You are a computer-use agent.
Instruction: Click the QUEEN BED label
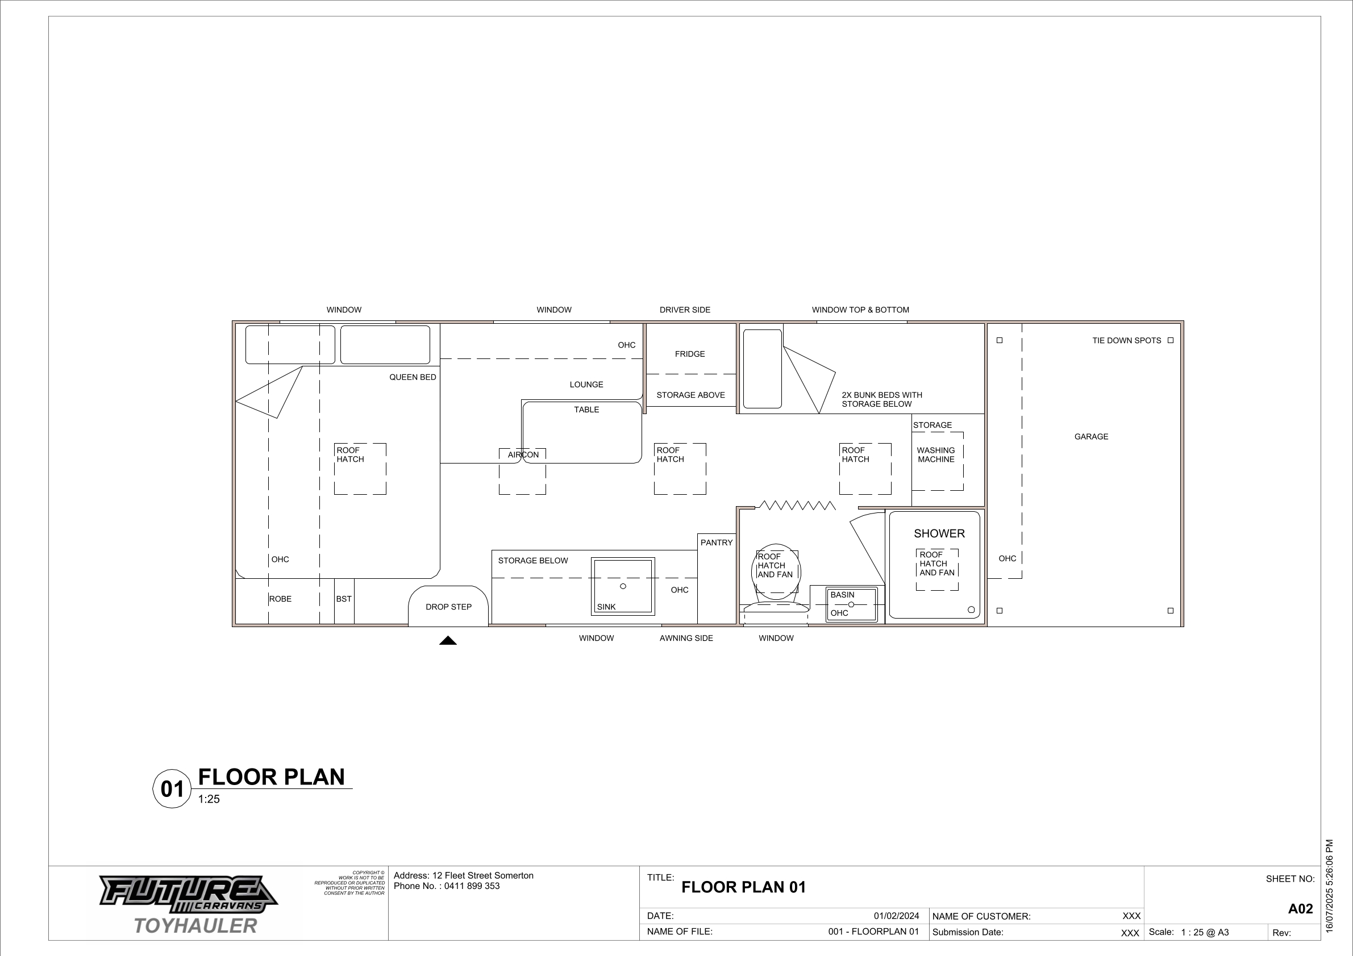[x=413, y=377]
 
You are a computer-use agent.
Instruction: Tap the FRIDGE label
[x=689, y=354]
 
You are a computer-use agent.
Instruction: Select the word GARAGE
[x=1091, y=436]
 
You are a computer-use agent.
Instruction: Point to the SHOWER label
[x=939, y=533]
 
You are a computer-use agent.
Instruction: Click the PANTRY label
[x=717, y=542]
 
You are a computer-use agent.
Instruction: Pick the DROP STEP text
[x=448, y=607]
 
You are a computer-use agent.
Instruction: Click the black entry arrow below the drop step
[x=448, y=640]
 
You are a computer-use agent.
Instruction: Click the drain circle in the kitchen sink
[x=623, y=586]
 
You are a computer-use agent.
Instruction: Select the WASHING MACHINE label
[x=936, y=455]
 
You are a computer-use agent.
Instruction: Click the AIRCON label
[x=523, y=455]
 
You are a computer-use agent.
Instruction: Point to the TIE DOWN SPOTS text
[x=1126, y=340]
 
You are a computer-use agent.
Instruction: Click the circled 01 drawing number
[x=172, y=789]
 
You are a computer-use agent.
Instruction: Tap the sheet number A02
[x=1301, y=908]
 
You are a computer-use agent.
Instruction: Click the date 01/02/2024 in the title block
[x=896, y=916]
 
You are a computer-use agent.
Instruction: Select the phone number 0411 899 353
[x=472, y=886]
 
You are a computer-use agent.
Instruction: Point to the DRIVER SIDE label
[x=685, y=310]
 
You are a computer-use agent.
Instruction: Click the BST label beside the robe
[x=344, y=599]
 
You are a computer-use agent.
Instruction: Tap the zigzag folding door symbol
[x=797, y=505]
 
